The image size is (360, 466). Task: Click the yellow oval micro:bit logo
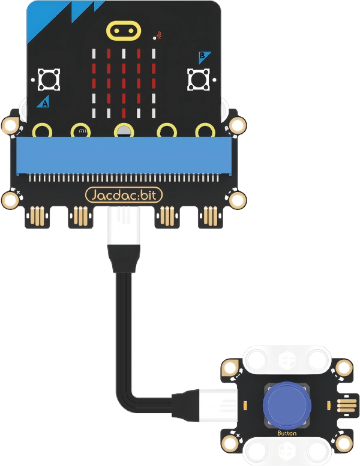click(124, 31)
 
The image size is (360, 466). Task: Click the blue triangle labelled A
click(44, 101)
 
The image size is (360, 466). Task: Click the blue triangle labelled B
click(204, 57)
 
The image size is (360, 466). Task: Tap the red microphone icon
click(160, 35)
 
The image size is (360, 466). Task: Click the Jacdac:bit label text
click(124, 195)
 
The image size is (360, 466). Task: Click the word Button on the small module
click(287, 433)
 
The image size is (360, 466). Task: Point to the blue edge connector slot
click(124, 155)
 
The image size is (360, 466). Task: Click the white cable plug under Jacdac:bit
click(124, 226)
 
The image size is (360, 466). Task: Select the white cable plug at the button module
click(218, 405)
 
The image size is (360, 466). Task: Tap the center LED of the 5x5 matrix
click(124, 83)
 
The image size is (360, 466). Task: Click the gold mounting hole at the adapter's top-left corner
click(10, 125)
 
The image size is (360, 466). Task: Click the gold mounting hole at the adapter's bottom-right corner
click(238, 200)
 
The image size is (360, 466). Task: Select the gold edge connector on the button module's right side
click(347, 405)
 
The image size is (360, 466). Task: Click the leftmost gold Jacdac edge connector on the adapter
click(37, 216)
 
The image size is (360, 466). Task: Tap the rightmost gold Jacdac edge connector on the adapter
click(211, 216)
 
